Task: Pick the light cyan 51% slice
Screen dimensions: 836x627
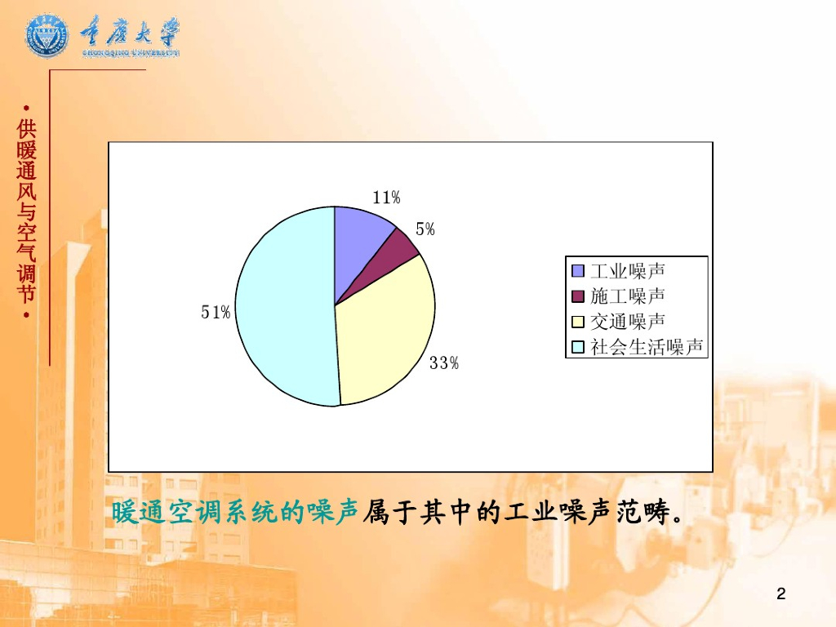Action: point(282,307)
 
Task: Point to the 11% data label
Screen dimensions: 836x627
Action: point(386,198)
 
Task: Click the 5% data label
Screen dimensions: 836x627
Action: point(425,229)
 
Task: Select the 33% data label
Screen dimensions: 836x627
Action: point(444,363)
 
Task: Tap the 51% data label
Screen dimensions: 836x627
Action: point(216,312)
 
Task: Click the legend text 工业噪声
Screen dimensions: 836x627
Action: point(628,271)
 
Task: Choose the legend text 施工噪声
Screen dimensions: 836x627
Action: point(628,296)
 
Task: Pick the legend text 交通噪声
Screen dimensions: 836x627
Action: point(628,322)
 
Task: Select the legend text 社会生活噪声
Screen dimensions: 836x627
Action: point(647,347)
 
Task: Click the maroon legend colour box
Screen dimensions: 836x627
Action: point(578,296)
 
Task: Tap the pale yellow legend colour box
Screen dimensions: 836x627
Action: point(578,322)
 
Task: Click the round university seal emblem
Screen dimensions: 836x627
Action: point(47,35)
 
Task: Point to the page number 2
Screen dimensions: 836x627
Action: point(781,594)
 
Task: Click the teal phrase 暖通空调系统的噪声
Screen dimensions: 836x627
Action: point(234,513)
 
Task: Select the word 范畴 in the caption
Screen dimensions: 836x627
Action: point(643,513)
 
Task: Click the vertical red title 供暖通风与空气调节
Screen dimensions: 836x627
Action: point(26,211)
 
